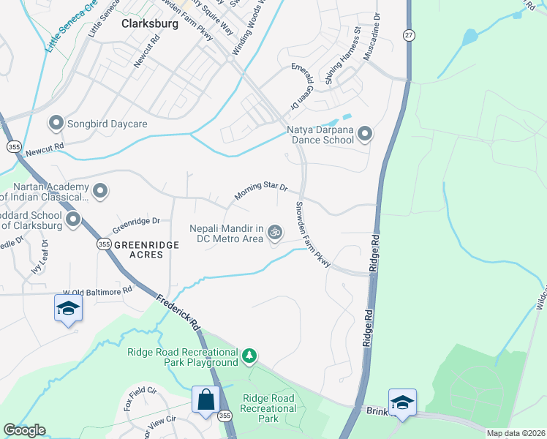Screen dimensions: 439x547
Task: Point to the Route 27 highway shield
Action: click(409, 35)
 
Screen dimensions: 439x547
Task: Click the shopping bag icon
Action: click(205, 399)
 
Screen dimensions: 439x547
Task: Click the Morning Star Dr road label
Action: click(261, 192)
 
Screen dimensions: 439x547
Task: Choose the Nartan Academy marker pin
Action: click(101, 192)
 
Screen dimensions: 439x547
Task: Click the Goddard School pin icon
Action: click(73, 219)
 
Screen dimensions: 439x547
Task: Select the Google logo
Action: click(24, 430)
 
